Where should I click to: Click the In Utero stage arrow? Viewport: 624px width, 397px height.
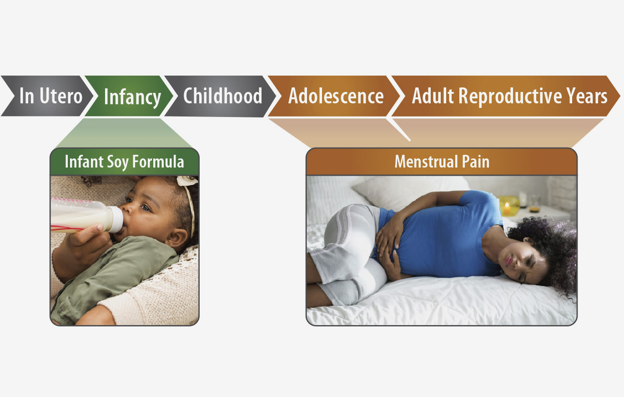click(x=47, y=96)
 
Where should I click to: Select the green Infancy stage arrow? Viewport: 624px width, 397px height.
click(x=129, y=96)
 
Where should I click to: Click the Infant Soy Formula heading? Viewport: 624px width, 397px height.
click(x=125, y=162)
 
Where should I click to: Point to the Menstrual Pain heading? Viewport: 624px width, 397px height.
click(x=442, y=162)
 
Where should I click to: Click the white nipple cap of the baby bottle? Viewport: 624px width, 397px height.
click(x=116, y=219)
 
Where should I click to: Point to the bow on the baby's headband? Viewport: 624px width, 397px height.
click(x=187, y=180)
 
